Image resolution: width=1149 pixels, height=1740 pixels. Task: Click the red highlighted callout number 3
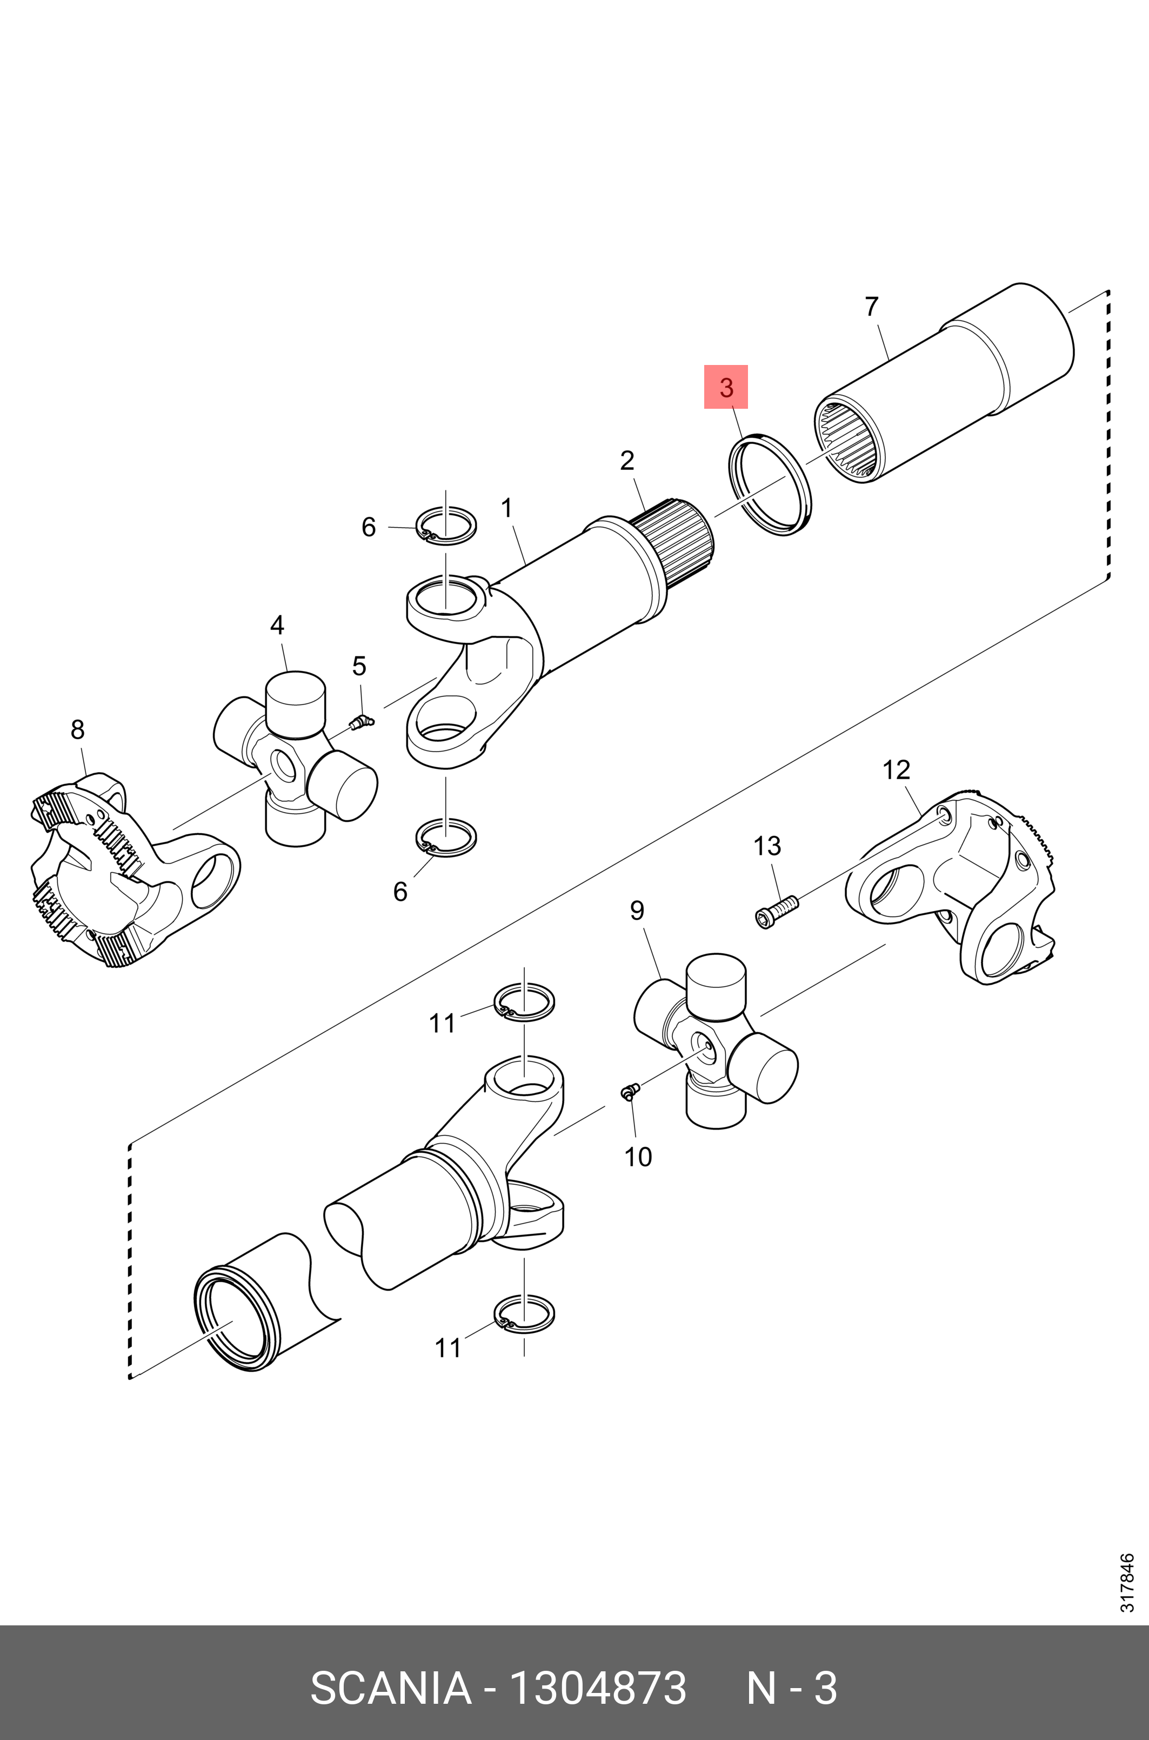(x=725, y=387)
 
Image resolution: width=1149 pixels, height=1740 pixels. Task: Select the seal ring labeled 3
(x=770, y=484)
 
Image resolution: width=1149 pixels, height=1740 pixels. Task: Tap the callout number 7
(x=871, y=307)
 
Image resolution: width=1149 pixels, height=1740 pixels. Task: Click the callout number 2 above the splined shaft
(x=626, y=460)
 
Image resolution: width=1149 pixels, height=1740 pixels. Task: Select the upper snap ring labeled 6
(x=446, y=526)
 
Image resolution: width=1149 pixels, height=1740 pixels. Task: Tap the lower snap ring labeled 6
(x=446, y=837)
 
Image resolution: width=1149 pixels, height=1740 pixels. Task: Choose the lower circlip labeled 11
(x=524, y=1313)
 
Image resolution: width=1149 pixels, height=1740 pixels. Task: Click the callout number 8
(x=78, y=729)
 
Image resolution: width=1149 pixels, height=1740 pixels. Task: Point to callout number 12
(x=896, y=769)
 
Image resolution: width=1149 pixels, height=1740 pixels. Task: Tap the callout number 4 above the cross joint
(x=277, y=625)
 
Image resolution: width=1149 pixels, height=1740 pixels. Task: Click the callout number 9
(x=637, y=911)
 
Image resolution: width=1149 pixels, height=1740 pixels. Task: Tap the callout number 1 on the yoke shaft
(x=506, y=507)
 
